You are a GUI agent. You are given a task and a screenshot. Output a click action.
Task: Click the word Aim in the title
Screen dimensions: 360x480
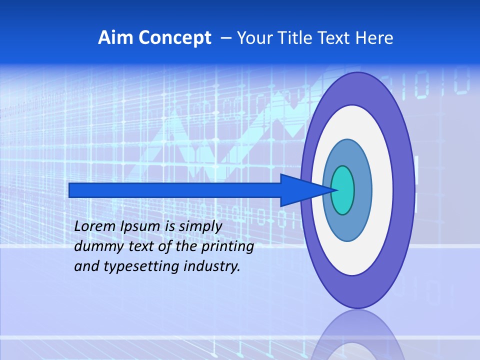115,38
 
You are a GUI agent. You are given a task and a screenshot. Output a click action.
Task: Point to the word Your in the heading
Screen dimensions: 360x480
254,38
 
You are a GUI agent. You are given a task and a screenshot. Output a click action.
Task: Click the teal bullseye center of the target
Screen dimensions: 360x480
343,190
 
